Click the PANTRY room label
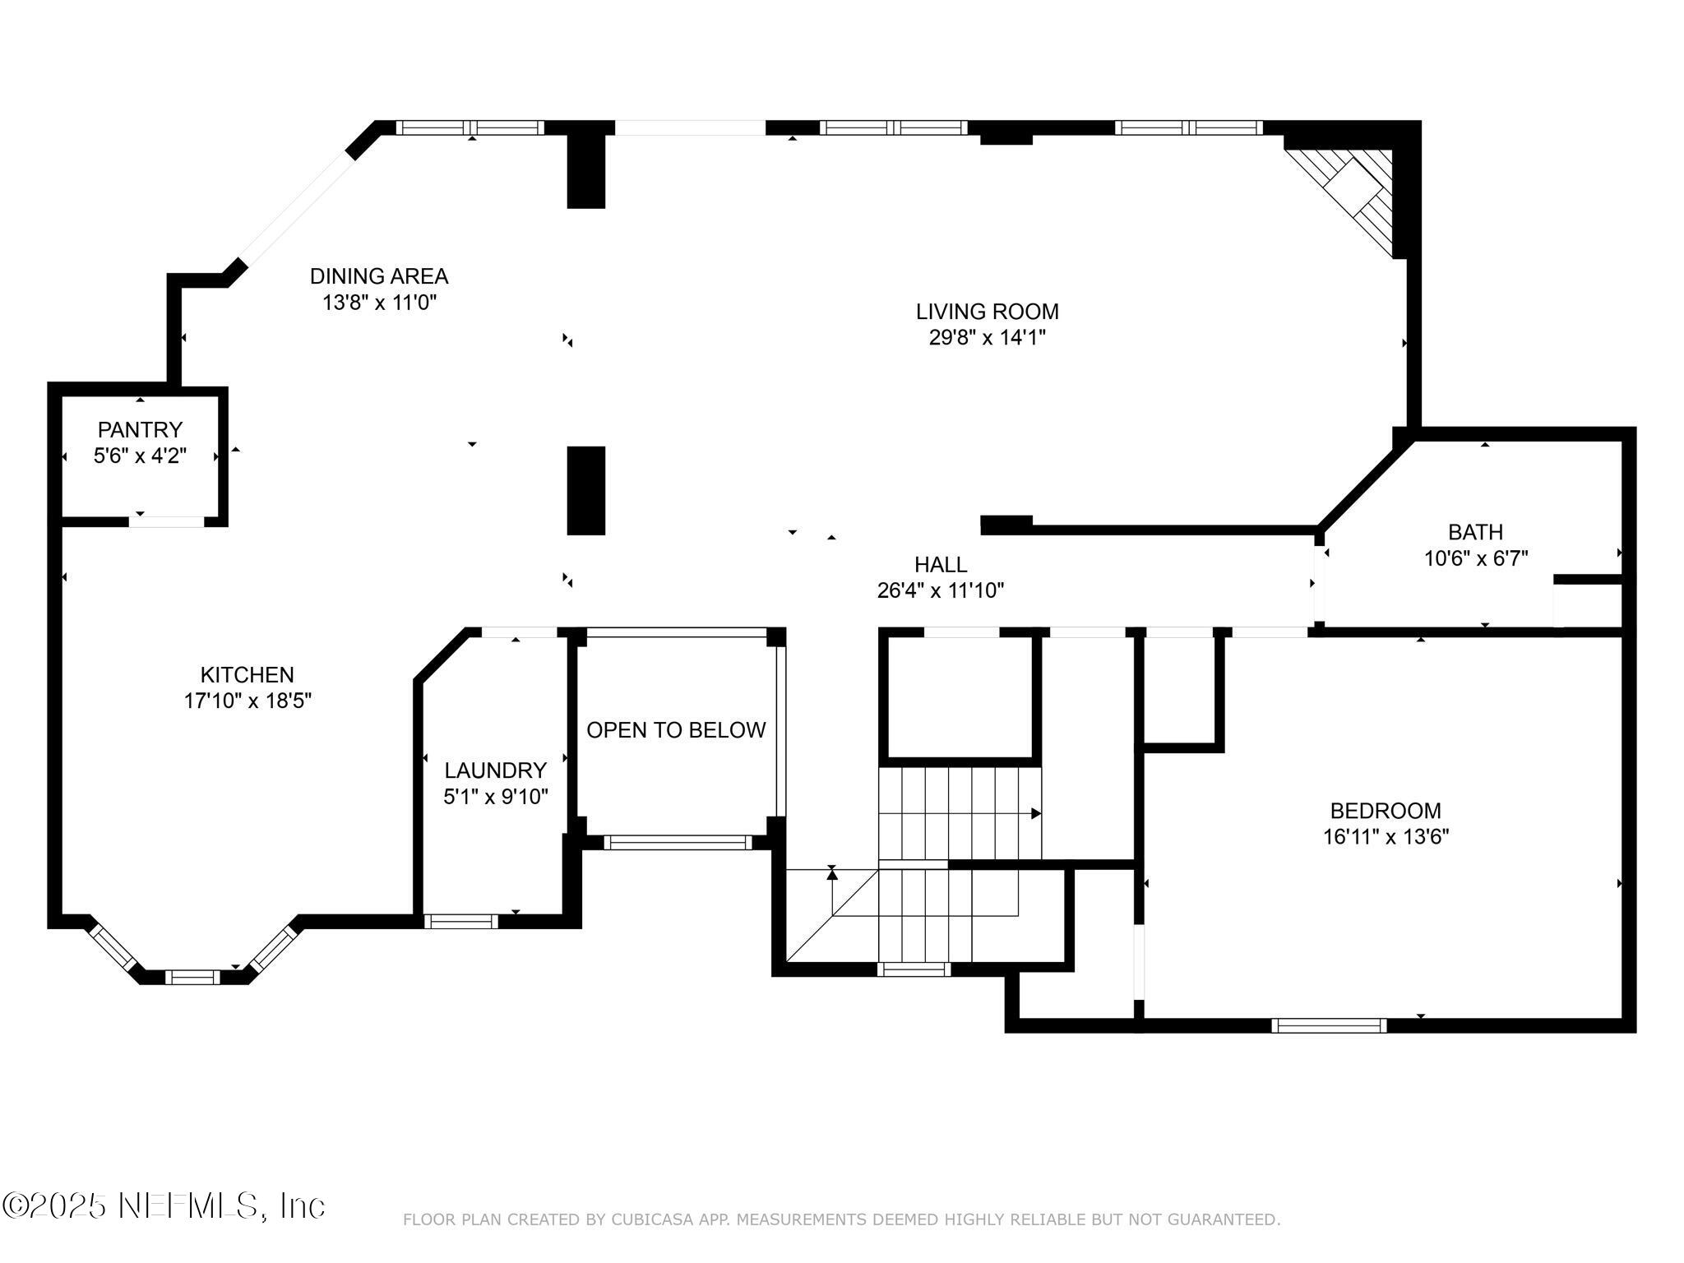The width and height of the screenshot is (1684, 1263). click(140, 429)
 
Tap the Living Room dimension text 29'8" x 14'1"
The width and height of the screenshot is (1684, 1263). click(987, 338)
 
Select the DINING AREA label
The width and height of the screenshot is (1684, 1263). click(379, 275)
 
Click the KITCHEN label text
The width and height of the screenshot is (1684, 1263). click(247, 674)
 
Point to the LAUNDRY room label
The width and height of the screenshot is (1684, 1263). click(495, 770)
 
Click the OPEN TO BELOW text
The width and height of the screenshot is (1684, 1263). click(676, 730)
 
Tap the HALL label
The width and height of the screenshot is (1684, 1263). click(941, 564)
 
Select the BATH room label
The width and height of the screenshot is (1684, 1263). click(1476, 532)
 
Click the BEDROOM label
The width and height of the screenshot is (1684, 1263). click(1386, 811)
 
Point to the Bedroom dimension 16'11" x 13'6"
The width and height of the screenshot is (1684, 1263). click(1386, 837)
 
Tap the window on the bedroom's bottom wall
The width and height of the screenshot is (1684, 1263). click(1329, 1025)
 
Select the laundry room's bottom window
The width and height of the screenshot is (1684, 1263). click(461, 922)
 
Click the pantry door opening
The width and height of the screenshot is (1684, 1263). click(166, 521)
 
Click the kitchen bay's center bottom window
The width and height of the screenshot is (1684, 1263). click(192, 977)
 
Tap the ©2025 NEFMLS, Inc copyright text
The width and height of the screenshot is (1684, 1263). click(164, 1206)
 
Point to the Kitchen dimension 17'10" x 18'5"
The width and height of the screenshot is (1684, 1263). click(248, 701)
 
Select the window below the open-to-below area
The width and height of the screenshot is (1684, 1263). click(678, 842)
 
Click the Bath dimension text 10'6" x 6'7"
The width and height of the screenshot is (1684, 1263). click(1476, 558)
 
